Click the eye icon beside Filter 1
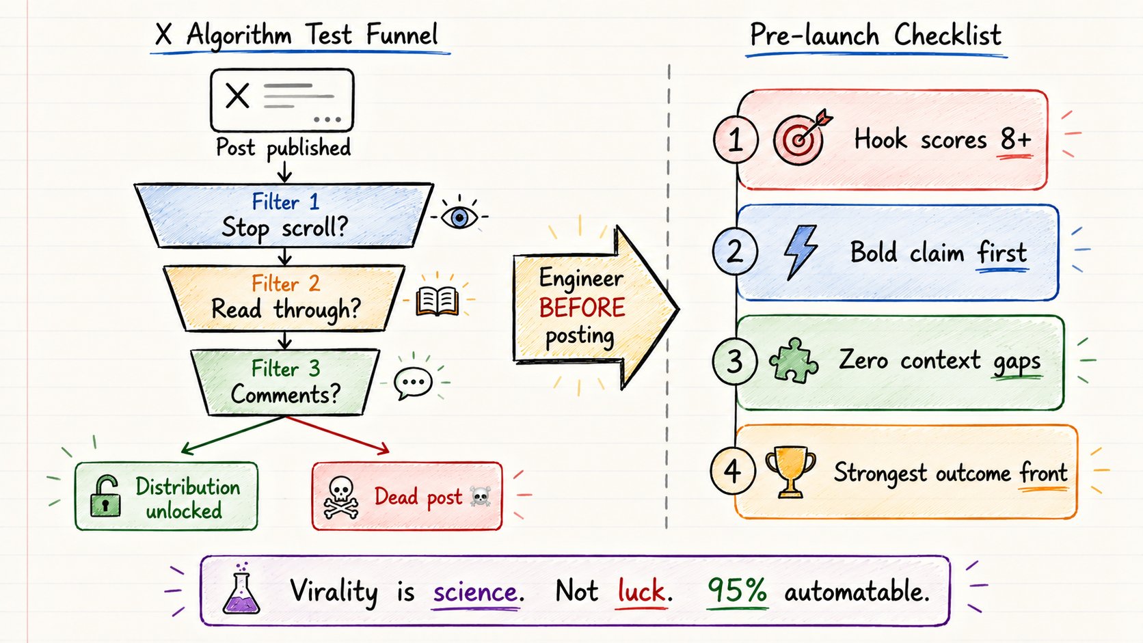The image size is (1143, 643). (x=459, y=217)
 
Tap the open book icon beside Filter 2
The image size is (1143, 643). (x=438, y=301)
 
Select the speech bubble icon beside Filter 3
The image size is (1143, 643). (x=414, y=383)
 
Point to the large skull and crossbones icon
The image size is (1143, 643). (x=340, y=497)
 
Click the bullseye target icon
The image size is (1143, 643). (x=802, y=137)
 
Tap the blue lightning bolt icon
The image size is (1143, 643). (x=801, y=252)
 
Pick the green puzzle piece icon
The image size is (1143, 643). (x=794, y=361)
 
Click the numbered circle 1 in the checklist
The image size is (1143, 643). (x=736, y=139)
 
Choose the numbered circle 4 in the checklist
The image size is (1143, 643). (x=733, y=471)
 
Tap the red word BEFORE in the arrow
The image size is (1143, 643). (x=582, y=307)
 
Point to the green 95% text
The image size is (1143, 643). (x=737, y=590)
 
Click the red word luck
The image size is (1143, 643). (x=641, y=591)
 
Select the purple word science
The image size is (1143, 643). (x=475, y=592)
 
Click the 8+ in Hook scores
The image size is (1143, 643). (x=1015, y=139)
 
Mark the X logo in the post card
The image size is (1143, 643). (x=237, y=96)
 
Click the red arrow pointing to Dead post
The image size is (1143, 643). (x=338, y=435)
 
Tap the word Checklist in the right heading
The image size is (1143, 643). (x=947, y=35)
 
